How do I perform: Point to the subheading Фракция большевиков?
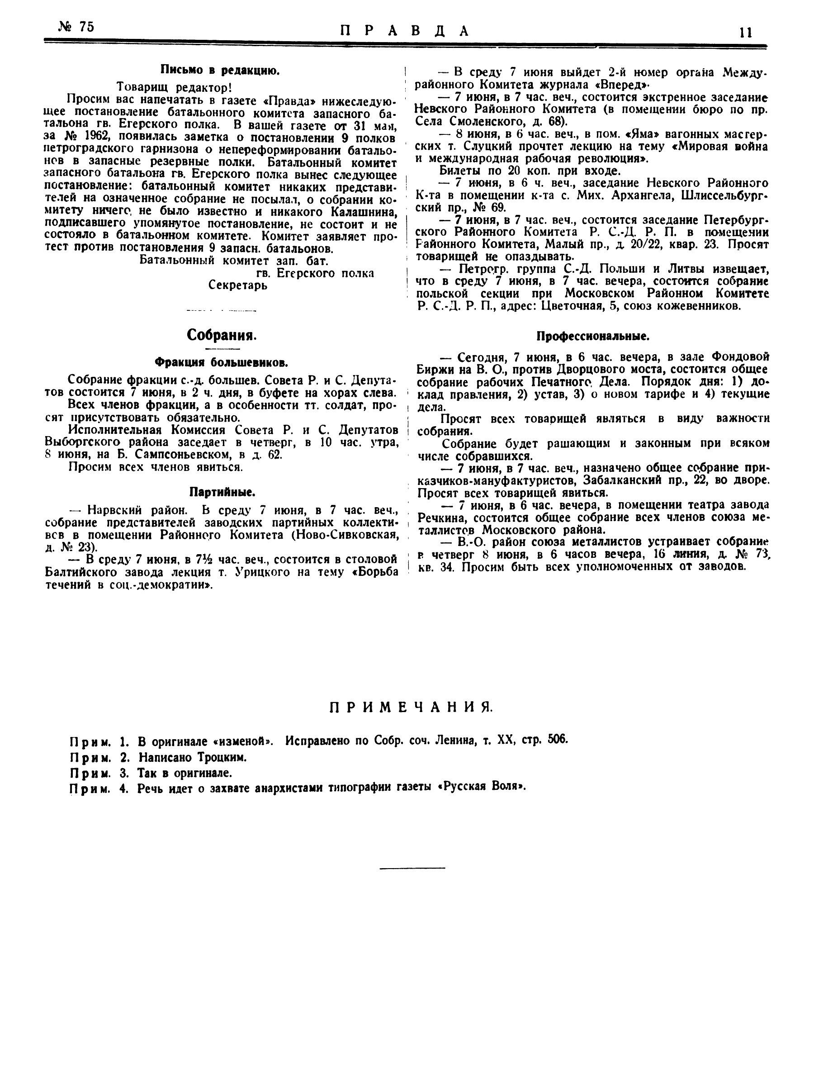coord(221,362)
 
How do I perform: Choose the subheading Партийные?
coord(221,491)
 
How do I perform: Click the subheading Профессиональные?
coord(593,337)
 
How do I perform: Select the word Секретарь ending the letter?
coord(238,285)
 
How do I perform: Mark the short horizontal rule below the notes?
coord(412,867)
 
